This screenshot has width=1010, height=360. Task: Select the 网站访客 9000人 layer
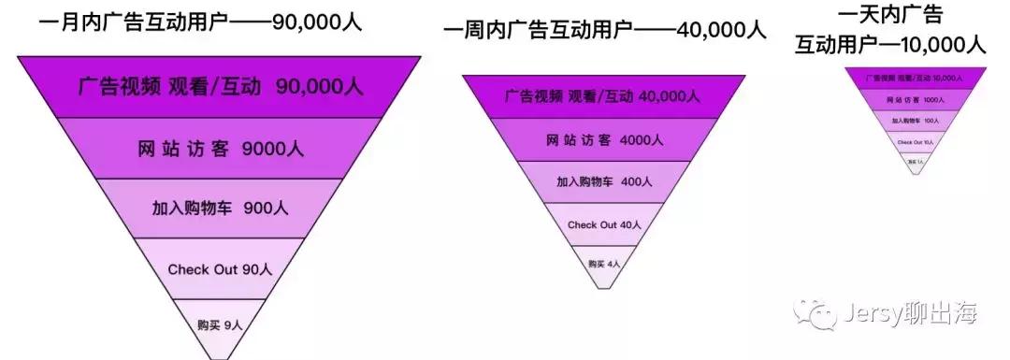(219, 149)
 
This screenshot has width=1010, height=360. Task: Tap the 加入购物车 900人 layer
(219, 209)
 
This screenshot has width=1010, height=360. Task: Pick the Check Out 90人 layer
(219, 269)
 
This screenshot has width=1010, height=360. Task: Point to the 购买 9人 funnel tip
(220, 324)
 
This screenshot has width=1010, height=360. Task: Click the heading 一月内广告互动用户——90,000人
(200, 21)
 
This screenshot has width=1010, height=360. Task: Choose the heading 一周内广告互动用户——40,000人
(602, 32)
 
